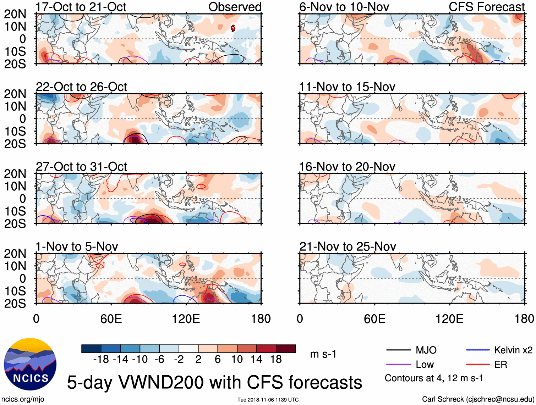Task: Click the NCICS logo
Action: pyautogui.click(x=30, y=364)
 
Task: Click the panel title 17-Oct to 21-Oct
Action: pyautogui.click(x=81, y=7)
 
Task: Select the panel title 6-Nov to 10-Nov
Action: pyautogui.click(x=344, y=7)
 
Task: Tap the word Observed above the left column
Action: pyautogui.click(x=235, y=7)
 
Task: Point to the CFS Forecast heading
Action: pyautogui.click(x=486, y=7)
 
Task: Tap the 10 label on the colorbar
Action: pyautogui.click(x=237, y=360)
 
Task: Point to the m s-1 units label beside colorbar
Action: pyautogui.click(x=323, y=354)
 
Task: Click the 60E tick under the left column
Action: pyautogui.click(x=111, y=319)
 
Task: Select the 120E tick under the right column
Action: pyautogui.click(x=449, y=319)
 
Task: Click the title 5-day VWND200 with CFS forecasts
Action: pyautogui.click(x=214, y=383)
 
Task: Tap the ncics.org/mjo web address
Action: pyautogui.click(x=23, y=399)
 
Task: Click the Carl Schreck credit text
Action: pyautogui.click(x=478, y=399)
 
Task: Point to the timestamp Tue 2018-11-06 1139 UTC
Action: pyautogui.click(x=268, y=400)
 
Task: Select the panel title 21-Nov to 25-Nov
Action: pyautogui.click(x=348, y=246)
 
